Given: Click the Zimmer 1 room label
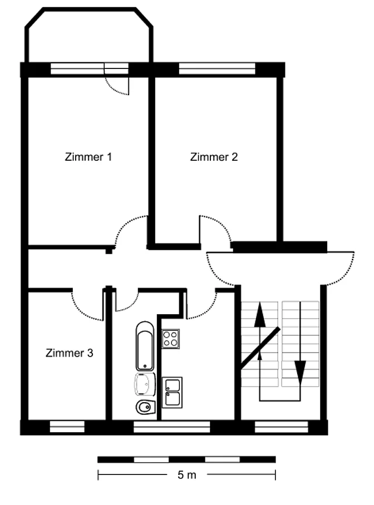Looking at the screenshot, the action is click(88, 157).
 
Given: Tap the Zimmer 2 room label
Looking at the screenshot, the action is click(214, 157).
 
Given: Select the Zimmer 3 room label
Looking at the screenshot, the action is click(70, 353).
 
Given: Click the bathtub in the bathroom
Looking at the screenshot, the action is click(145, 346).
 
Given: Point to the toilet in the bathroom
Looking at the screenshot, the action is click(146, 408).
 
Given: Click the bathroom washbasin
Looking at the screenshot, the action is click(145, 384).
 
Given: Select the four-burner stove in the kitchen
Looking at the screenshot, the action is click(170, 339).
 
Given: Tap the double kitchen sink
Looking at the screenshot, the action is click(172, 393).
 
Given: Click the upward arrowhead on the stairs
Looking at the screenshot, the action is click(259, 314).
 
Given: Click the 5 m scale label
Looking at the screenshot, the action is click(186, 475).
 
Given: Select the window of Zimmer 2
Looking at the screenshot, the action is click(217, 68).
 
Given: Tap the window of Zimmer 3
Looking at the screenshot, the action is click(67, 427).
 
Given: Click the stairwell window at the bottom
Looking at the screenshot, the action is click(282, 427).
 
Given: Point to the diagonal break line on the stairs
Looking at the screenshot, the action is click(260, 347).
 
